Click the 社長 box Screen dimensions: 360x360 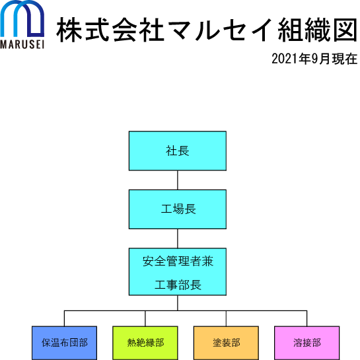(x=178, y=151)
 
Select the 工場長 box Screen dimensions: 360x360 (x=178, y=209)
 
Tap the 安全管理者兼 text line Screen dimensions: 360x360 (x=178, y=262)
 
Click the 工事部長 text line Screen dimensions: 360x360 (x=178, y=285)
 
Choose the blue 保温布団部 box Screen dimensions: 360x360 (x=64, y=343)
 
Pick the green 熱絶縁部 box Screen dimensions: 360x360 (x=145, y=343)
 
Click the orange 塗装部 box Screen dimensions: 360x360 (x=226, y=343)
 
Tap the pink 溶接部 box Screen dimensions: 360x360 (x=307, y=343)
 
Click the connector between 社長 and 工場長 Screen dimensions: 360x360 (x=178, y=180)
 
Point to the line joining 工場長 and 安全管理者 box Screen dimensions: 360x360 (x=178, y=238)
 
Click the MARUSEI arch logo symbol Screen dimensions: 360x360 (x=22, y=18)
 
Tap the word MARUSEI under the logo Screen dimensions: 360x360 (x=22, y=44)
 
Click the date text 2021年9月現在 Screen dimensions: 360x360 (x=314, y=59)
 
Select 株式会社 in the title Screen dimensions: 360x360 (x=110, y=30)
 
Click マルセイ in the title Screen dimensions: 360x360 (x=220, y=30)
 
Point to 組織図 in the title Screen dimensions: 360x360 (x=317, y=30)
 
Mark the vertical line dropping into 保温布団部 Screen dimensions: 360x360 (x=64, y=318)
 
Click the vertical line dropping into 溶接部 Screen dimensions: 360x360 (x=307, y=318)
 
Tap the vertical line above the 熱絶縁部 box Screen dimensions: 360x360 (x=145, y=318)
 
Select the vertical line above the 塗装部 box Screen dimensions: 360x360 (x=226, y=318)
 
